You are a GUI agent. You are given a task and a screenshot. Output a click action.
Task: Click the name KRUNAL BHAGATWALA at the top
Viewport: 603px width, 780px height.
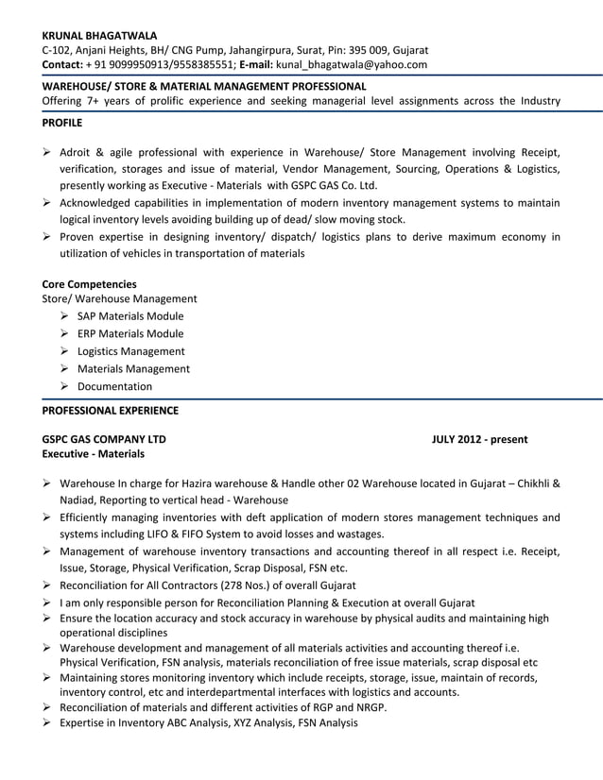click(x=99, y=35)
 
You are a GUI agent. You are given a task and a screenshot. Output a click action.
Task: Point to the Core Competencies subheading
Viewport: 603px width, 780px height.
click(x=90, y=283)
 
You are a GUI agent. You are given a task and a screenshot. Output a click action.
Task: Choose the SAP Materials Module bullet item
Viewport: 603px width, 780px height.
click(x=130, y=316)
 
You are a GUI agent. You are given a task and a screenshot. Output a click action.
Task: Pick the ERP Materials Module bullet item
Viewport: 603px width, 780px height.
click(x=130, y=333)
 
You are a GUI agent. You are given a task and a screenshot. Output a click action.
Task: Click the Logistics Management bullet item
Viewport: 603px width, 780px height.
click(x=130, y=351)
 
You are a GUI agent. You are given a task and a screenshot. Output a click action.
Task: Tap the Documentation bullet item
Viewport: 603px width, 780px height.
click(x=114, y=386)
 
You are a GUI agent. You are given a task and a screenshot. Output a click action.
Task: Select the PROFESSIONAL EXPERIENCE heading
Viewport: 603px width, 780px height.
click(x=111, y=410)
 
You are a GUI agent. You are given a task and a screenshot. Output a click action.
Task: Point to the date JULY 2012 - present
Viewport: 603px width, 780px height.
click(x=479, y=439)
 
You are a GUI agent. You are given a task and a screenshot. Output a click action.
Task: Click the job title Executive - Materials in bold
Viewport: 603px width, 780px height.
click(x=94, y=454)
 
